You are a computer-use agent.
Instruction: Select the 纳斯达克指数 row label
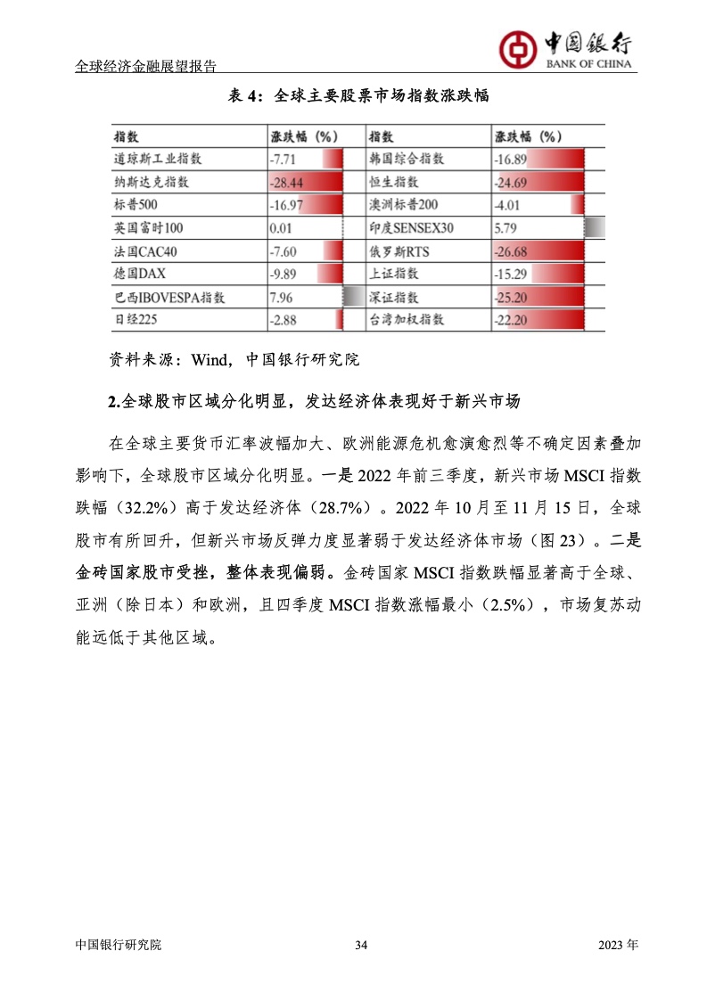pos(152,182)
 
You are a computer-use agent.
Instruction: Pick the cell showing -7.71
pos(283,160)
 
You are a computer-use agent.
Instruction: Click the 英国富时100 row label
pos(148,228)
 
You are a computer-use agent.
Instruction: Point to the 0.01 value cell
pos(281,228)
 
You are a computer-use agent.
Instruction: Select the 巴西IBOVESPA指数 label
pos(169,297)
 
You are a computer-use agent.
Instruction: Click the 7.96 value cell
pos(281,297)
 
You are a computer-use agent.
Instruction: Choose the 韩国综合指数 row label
pos(407,160)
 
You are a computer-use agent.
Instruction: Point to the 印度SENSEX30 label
pos(411,228)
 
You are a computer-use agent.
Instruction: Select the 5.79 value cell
pos(506,228)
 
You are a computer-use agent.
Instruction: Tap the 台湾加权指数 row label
pos(407,319)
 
